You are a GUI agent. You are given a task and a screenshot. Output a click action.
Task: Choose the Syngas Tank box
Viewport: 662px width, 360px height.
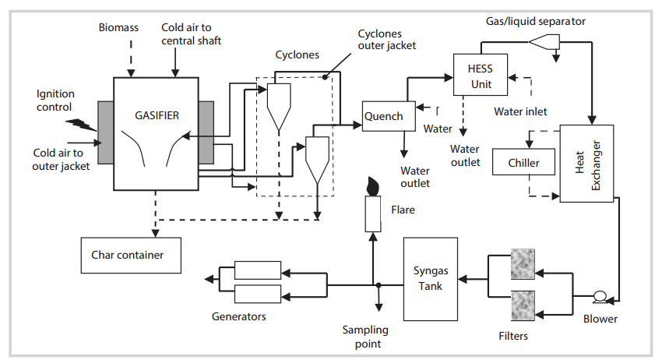click(x=429, y=277)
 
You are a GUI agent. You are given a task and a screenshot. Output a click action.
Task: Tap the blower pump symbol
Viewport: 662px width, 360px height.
click(x=600, y=297)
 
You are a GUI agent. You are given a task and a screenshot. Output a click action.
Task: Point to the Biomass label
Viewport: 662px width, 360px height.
click(x=118, y=27)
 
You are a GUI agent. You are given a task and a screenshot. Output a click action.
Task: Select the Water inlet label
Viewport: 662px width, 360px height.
click(x=520, y=111)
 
